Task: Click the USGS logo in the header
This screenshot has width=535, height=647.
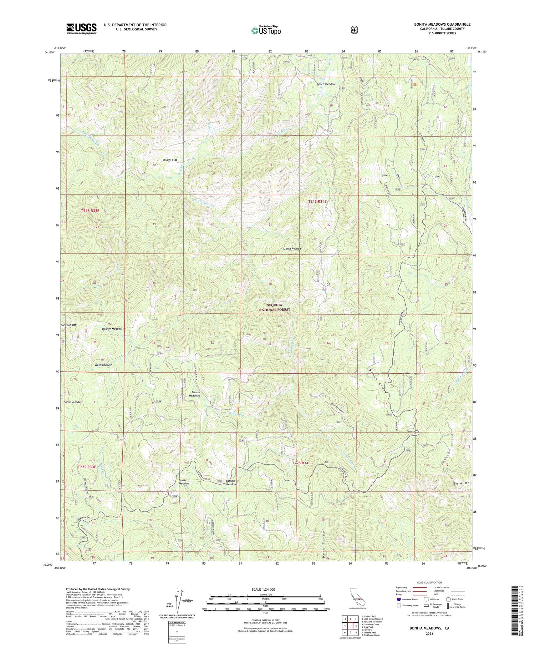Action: tap(81, 29)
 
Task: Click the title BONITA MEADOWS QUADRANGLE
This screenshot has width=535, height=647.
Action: tap(442, 24)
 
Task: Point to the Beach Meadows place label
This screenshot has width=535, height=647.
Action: tap(327, 84)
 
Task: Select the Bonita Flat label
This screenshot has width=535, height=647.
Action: tap(170, 160)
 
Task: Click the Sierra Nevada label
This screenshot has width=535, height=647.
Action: tap(292, 249)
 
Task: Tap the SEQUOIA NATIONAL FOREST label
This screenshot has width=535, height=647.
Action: tap(275, 308)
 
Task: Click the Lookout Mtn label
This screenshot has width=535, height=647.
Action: tap(69, 325)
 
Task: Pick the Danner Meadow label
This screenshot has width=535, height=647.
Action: tap(112, 329)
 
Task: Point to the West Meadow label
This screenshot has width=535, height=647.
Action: tap(103, 365)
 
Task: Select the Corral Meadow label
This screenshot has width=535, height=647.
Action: tap(73, 402)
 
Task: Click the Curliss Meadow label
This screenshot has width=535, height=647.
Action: tap(184, 482)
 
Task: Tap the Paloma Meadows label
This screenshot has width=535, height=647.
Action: tap(231, 482)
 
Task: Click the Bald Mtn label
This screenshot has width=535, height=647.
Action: tap(463, 483)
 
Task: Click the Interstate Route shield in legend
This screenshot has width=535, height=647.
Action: tap(398, 600)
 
